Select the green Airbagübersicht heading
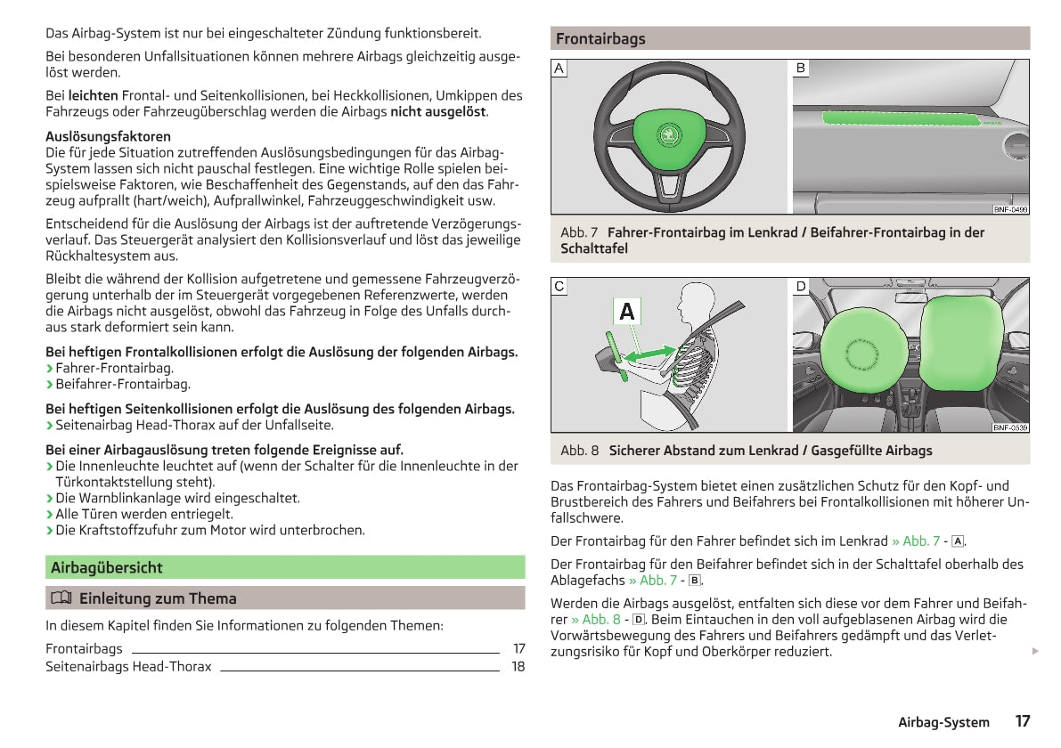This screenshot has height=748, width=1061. (x=107, y=567)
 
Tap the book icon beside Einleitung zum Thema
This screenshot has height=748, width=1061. (x=60, y=598)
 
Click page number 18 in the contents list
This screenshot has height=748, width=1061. (x=518, y=666)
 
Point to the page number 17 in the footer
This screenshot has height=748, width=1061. (x=1022, y=721)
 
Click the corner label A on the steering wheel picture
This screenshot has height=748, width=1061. (x=559, y=68)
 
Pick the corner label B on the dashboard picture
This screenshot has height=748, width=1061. (x=801, y=68)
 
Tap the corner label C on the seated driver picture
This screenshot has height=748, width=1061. (x=559, y=286)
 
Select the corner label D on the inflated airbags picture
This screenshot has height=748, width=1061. (x=801, y=286)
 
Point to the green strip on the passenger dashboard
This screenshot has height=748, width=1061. (x=900, y=118)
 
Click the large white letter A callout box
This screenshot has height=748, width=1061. (x=627, y=312)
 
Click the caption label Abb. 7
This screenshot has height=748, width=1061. (x=579, y=232)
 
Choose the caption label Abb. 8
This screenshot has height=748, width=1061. (x=579, y=451)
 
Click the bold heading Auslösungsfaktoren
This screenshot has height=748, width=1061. (x=108, y=136)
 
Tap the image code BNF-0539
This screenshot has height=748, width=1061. (x=1010, y=427)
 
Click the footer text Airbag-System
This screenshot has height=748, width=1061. (x=943, y=722)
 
